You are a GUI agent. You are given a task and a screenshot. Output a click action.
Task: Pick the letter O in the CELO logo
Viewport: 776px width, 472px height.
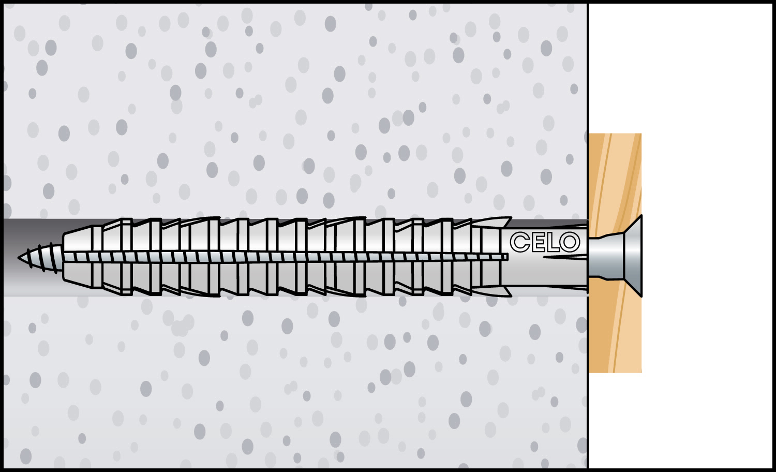click(570, 242)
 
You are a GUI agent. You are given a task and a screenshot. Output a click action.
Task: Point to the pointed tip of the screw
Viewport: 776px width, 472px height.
click(19, 257)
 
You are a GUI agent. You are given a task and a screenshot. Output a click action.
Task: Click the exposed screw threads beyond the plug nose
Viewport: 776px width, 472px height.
click(41, 258)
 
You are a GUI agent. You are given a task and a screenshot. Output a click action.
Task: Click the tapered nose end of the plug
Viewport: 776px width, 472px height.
click(78, 257)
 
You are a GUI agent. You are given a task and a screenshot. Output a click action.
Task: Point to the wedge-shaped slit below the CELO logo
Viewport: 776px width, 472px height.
click(565, 257)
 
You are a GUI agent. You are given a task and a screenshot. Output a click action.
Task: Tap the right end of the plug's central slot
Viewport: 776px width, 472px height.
click(507, 257)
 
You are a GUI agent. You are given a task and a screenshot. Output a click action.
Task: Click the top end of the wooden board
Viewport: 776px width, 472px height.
click(615, 134)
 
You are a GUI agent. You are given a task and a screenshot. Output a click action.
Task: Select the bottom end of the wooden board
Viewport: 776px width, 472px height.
click(615, 372)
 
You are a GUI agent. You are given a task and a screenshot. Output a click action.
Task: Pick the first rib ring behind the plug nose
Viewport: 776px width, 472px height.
click(98, 257)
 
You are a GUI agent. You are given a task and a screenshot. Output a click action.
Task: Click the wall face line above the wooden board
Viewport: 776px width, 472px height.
click(588, 68)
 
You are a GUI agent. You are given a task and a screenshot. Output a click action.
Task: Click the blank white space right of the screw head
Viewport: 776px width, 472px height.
click(707, 257)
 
